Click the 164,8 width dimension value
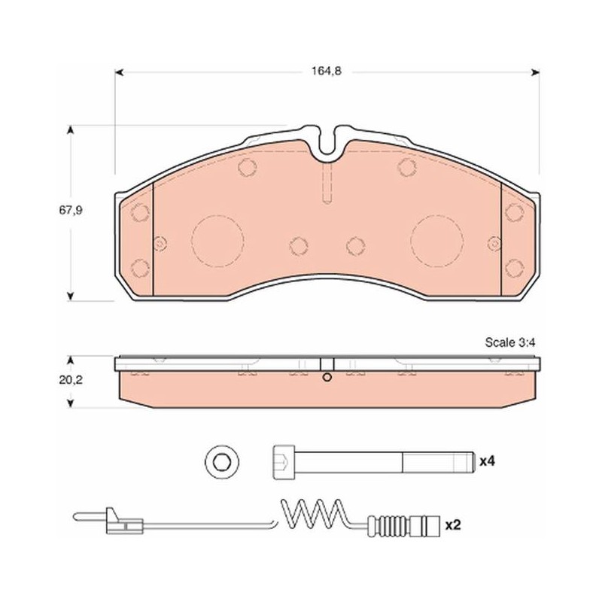coord(327,71)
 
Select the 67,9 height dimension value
coord(71,211)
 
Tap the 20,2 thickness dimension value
coord(71,380)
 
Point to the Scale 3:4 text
coord(510,342)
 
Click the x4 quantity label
coord(487,461)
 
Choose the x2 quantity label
coord(453,524)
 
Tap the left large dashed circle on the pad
coord(217,241)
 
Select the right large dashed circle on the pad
coord(437,241)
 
